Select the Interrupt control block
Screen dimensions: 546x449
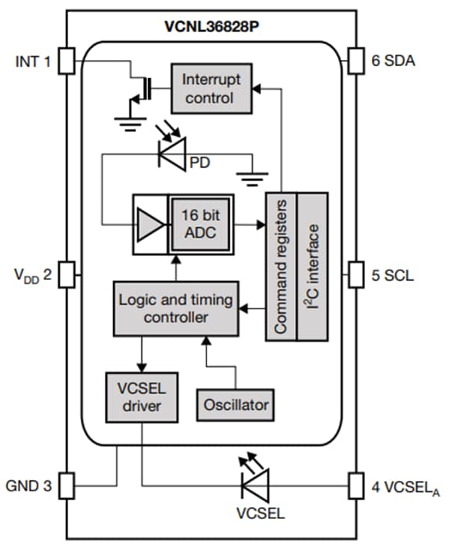pyautogui.click(x=208, y=88)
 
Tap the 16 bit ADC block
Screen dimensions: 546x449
pyautogui.click(x=200, y=222)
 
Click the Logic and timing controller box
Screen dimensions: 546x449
pyautogui.click(x=176, y=309)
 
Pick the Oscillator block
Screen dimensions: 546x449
pyautogui.click(x=235, y=405)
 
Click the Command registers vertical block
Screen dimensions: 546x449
pyautogui.click(x=282, y=266)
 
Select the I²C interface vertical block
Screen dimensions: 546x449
pyautogui.click(x=314, y=266)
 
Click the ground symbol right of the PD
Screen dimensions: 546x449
pyautogui.click(x=253, y=176)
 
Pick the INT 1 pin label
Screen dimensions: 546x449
pyautogui.click(x=32, y=61)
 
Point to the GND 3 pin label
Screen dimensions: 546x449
pyautogui.click(x=30, y=486)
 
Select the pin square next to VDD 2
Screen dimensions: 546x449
pyautogui.click(x=67, y=274)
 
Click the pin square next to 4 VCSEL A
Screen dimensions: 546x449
pyautogui.click(x=358, y=486)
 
